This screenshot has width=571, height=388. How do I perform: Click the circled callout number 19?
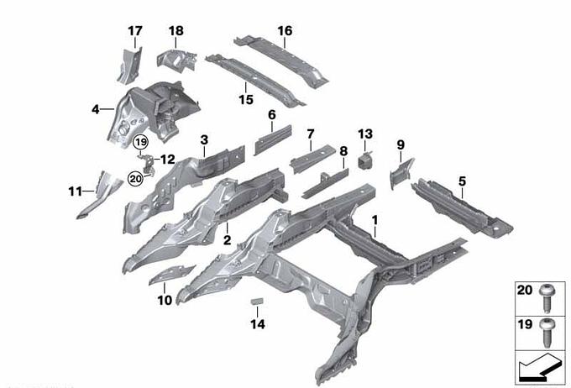[x=140, y=142]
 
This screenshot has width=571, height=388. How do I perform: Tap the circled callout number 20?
[x=135, y=179]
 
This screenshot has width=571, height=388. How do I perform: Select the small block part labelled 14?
[x=258, y=301]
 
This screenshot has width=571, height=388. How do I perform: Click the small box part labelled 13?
[x=366, y=161]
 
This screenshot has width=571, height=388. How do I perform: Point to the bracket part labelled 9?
[x=401, y=173]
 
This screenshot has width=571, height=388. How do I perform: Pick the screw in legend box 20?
[x=547, y=298]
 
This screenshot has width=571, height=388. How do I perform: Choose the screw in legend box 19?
[x=547, y=333]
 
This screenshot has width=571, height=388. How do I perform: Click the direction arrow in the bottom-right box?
[x=541, y=368]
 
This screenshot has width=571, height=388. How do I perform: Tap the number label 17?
[x=134, y=31]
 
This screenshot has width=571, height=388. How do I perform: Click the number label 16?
[x=285, y=31]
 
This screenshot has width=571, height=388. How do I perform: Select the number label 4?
[x=96, y=109]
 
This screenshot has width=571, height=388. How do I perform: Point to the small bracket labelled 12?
[x=148, y=162]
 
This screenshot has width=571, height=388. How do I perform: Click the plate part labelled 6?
[x=273, y=140]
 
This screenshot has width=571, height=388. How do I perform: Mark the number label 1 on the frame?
[x=375, y=220]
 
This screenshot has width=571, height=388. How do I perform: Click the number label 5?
[x=462, y=181]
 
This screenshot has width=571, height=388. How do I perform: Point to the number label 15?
[x=246, y=99]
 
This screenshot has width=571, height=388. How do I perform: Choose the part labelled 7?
[x=312, y=159]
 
